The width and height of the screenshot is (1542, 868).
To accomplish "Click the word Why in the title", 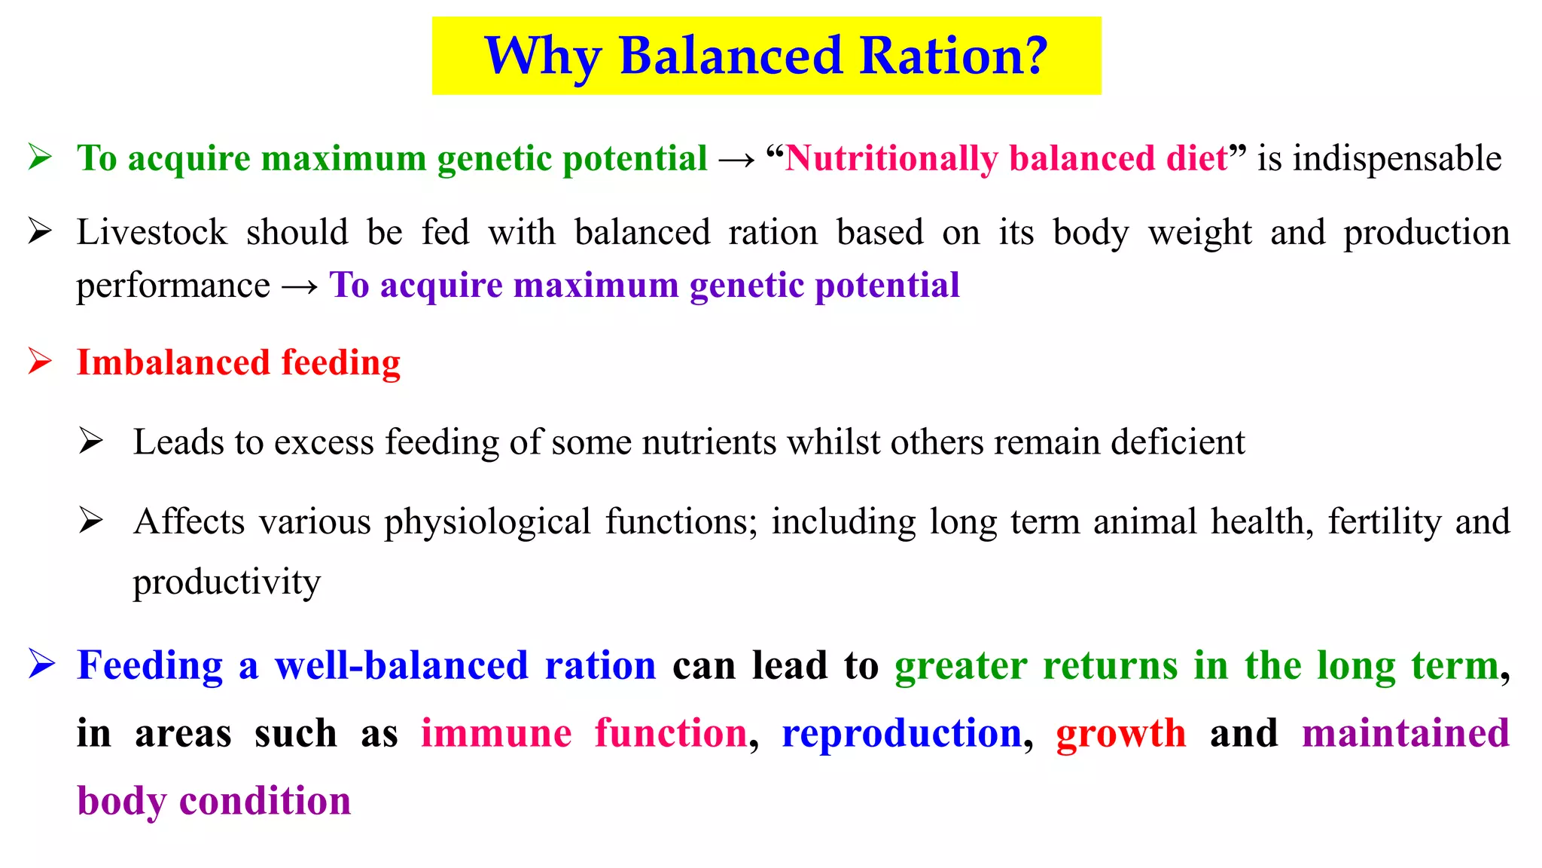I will point(542,57).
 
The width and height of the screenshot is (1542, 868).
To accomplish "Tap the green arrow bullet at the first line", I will point(40,157).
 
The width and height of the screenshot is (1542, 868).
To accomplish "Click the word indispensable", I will point(1397,159).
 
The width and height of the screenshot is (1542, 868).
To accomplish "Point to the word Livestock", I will point(151,232).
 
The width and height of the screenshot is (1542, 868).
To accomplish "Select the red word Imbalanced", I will point(173,362).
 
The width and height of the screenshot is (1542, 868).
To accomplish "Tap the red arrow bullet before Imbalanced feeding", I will point(40,361).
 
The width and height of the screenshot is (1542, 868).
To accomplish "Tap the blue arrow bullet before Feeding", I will point(41,665).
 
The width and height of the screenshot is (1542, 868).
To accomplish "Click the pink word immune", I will point(496,734).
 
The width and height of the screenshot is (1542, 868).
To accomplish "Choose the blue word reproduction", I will point(901,734).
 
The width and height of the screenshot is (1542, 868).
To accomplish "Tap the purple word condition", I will point(265,801).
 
